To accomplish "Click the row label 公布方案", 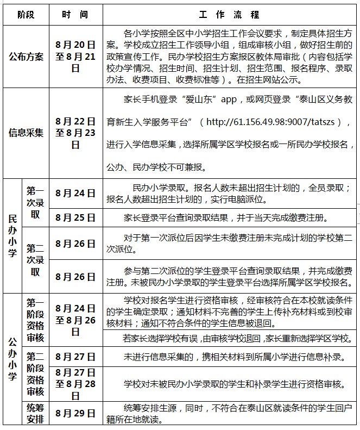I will tap(26, 57).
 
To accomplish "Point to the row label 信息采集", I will tap(26, 133).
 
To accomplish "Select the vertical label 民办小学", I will tap(12, 235).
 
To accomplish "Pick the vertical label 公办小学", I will tap(12, 360).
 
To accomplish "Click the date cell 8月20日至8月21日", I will tap(75, 57).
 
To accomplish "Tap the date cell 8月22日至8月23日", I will tap(75, 133).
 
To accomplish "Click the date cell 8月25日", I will tap(75, 217).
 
